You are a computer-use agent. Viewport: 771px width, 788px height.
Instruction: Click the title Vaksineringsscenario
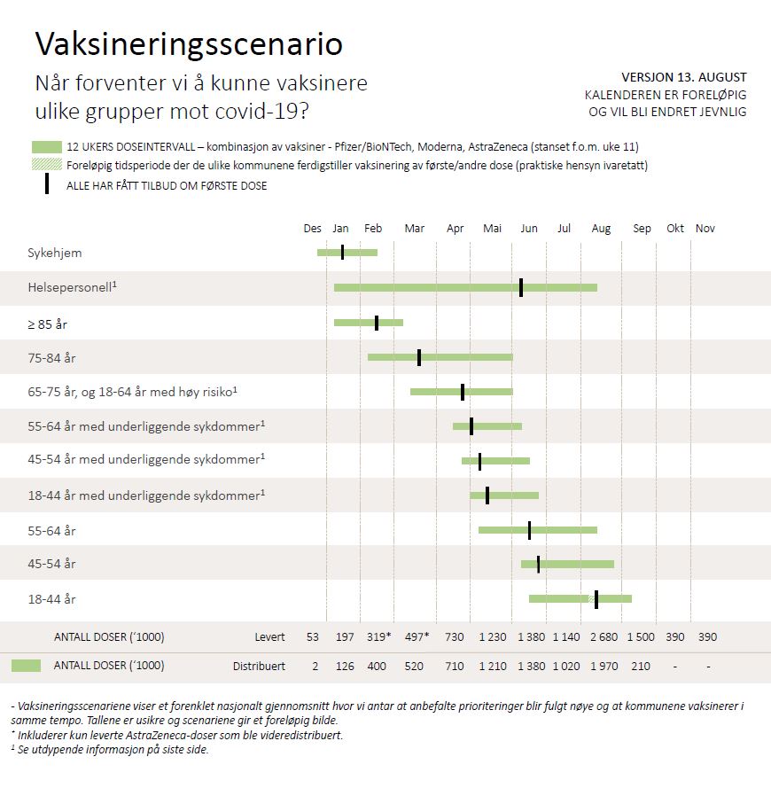[x=188, y=44]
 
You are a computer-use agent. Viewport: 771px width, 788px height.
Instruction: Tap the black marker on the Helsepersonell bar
[x=521, y=287]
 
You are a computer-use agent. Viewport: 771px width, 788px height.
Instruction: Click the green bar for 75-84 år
[x=470, y=357]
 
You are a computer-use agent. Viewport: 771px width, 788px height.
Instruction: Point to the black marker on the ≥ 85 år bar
[x=377, y=323]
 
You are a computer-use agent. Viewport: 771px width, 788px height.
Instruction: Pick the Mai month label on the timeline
[x=492, y=229]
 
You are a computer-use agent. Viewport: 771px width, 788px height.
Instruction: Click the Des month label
[x=313, y=229]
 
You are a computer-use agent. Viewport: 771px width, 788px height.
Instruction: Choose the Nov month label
[x=705, y=229]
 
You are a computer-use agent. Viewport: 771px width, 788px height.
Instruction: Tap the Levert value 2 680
[x=604, y=636]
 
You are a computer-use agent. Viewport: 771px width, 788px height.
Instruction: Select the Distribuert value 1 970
[x=604, y=666]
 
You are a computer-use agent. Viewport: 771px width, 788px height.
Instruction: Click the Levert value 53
[x=313, y=636]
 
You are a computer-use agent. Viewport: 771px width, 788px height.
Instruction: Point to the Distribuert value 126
[x=345, y=666]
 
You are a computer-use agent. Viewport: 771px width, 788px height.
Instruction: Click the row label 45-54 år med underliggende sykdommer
[x=146, y=459]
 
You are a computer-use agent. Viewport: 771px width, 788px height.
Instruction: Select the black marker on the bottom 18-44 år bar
[x=596, y=599]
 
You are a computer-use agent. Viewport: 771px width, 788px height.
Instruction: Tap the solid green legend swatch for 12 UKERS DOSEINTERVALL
[x=46, y=147]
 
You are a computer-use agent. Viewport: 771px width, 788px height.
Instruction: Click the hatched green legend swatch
[x=46, y=165]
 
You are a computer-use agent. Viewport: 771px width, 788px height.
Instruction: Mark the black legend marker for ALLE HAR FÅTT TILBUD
[x=47, y=184]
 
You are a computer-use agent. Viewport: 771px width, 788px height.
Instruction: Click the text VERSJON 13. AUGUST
[x=684, y=77]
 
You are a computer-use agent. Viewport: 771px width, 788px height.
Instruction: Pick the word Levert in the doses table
[x=269, y=636]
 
